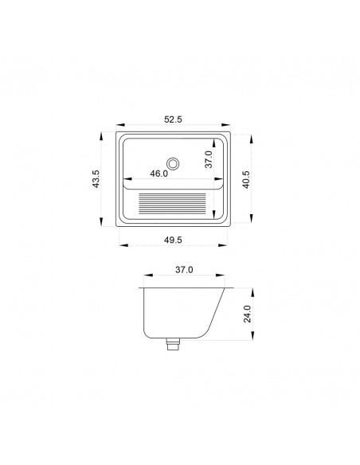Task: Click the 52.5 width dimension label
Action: click(x=173, y=119)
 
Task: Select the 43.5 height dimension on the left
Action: click(x=96, y=179)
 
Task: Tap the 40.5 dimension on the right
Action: click(x=246, y=180)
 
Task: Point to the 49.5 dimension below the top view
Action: click(x=173, y=240)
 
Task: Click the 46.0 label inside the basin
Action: click(x=159, y=174)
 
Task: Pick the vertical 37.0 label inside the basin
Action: click(x=209, y=159)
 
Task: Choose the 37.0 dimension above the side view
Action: click(x=184, y=270)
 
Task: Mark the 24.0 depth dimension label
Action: click(x=248, y=314)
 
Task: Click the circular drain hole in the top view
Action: click(x=173, y=163)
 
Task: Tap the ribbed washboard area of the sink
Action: click(x=172, y=204)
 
